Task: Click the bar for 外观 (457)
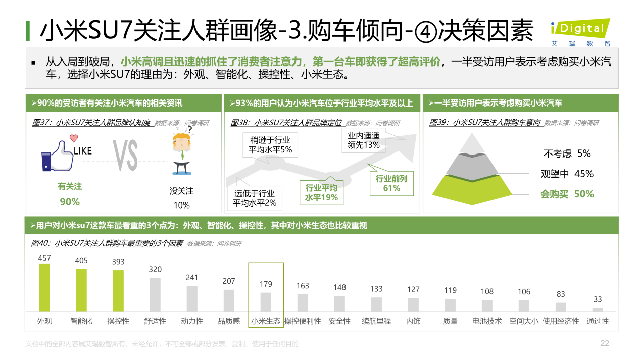[44, 287]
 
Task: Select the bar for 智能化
[81, 290]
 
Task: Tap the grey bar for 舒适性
[155, 294]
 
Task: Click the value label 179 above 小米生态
[266, 284]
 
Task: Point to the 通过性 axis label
[598, 321]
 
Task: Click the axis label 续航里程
[376, 321]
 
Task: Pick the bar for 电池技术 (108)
[487, 305]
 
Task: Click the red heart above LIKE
[74, 138]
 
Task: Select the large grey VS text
[125, 155]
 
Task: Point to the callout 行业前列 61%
[391, 183]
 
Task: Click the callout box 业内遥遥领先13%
[363, 140]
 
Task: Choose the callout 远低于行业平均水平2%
[255, 198]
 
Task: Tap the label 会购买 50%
[567, 194]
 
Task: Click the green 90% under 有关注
[70, 202]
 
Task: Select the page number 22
[605, 343]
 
